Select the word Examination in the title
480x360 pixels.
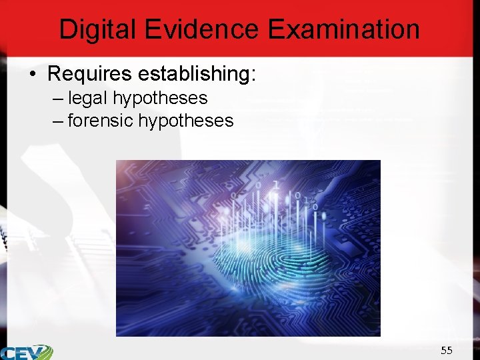(x=344, y=29)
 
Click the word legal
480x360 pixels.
(x=88, y=98)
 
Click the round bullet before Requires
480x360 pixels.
(x=33, y=74)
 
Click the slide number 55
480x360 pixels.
(x=446, y=350)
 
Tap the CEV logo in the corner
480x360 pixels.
(x=27, y=351)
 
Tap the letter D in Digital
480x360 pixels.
(x=67, y=29)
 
